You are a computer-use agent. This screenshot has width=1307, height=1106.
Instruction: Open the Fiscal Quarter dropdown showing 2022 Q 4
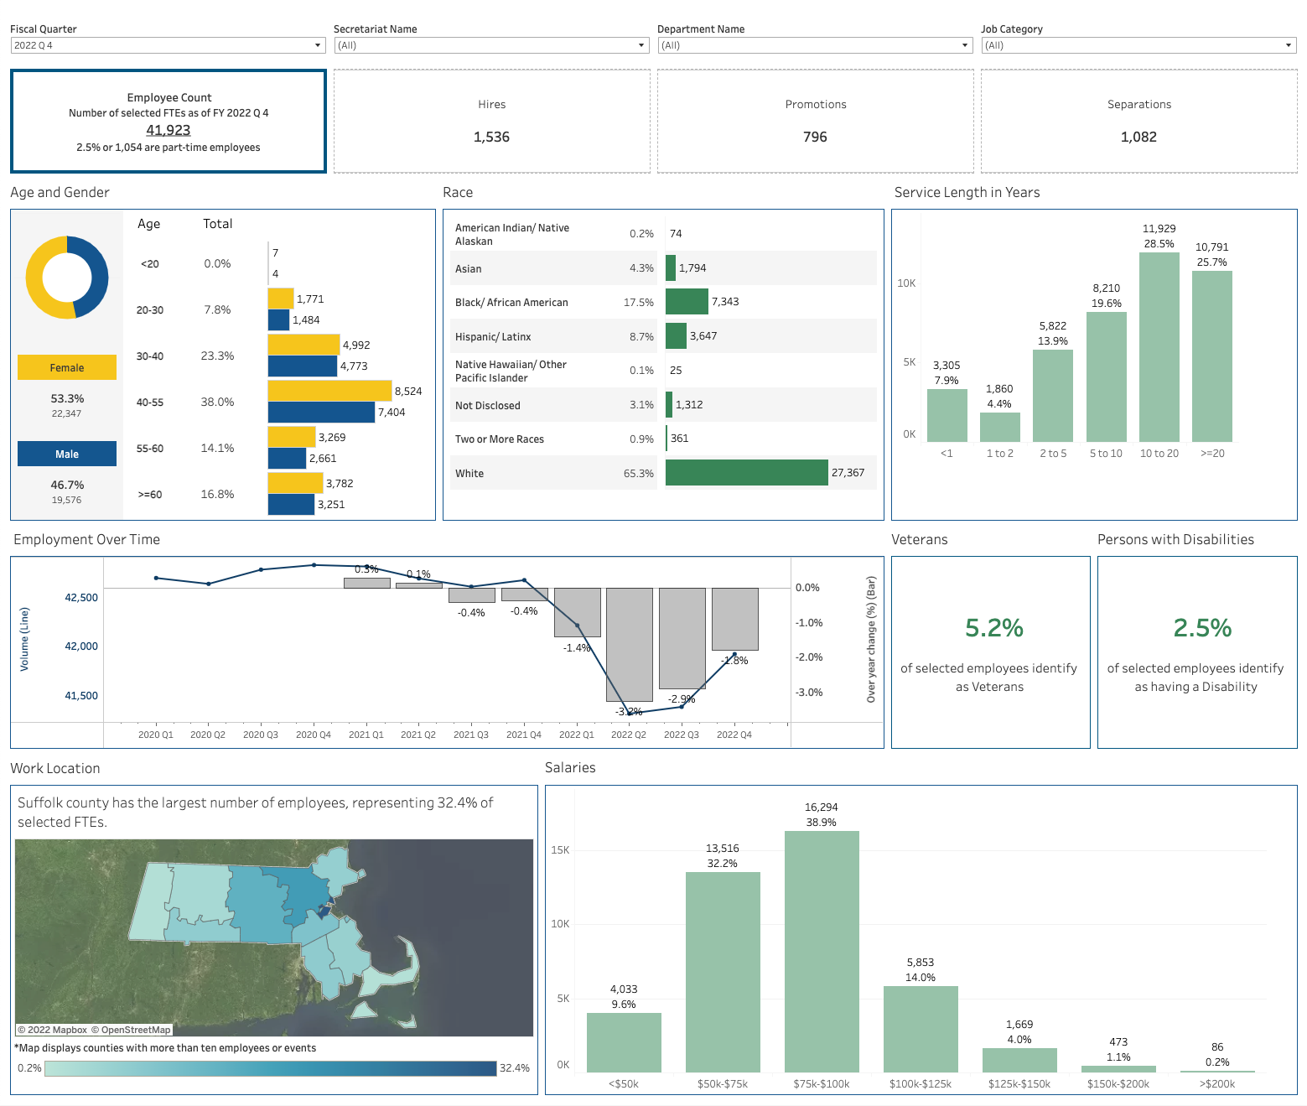pos(168,45)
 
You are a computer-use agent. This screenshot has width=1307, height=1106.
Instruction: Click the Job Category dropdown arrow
pos(1289,45)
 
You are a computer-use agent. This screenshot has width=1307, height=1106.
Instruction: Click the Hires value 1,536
pos(491,137)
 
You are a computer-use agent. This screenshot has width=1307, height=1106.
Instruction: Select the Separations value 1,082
pos(1138,137)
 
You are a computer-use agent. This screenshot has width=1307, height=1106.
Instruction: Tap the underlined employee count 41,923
pos(169,130)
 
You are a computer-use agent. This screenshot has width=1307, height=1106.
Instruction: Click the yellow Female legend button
pos(67,367)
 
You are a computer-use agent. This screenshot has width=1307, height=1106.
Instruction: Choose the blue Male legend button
pos(67,454)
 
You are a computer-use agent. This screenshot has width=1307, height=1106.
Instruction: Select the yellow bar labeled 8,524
pos(329,391)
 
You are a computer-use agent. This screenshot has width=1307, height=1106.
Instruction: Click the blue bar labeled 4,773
pos(302,366)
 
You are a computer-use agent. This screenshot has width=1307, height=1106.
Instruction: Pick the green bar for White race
pos(746,473)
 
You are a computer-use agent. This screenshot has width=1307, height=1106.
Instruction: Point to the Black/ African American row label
pos(511,303)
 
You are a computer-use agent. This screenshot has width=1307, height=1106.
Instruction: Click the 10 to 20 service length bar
pos(1159,346)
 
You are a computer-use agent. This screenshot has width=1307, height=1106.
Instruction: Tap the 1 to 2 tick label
pos(999,454)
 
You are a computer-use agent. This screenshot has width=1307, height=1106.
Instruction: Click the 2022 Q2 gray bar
pos(630,644)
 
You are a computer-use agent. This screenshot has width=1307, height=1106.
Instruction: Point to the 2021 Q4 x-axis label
pos(524,735)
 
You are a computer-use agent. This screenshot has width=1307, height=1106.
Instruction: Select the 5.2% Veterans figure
pos(994,628)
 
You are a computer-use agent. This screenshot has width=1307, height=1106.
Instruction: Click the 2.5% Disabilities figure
pos(1202,628)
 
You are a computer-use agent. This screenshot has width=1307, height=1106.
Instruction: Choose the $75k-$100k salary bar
pos(822,951)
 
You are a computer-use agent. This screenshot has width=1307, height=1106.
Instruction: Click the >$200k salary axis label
pos(1217,1084)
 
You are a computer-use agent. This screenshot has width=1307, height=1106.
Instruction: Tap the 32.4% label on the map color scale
pos(515,1068)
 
